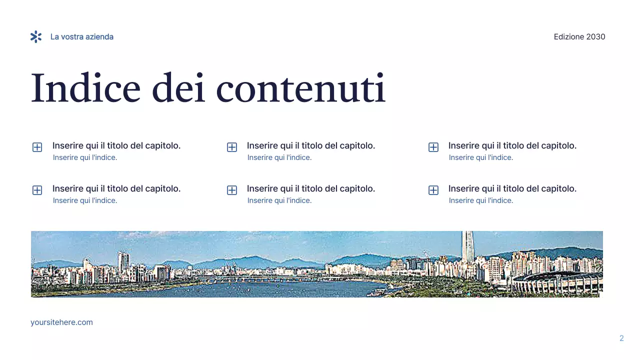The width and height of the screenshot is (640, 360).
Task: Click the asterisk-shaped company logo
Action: pyautogui.click(x=36, y=36)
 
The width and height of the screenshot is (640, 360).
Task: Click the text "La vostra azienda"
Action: pyautogui.click(x=82, y=37)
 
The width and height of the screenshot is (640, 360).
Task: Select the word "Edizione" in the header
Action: pyautogui.click(x=568, y=37)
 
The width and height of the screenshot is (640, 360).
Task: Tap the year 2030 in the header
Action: pyautogui.click(x=596, y=37)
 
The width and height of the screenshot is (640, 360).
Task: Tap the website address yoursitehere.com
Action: pyautogui.click(x=61, y=322)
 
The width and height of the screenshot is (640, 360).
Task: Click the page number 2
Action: pyautogui.click(x=621, y=338)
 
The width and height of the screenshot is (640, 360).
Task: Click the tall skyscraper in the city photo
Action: pyautogui.click(x=467, y=247)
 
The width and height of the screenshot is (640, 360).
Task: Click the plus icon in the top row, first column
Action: pyautogui.click(x=37, y=147)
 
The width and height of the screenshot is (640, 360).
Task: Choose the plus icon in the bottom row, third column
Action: pyautogui.click(x=433, y=190)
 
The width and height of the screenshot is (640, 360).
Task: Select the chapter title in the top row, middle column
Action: pyautogui.click(x=310, y=146)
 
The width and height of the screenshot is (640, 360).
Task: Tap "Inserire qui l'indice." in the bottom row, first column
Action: pyautogui.click(x=85, y=200)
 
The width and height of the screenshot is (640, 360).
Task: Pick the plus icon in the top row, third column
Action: pyautogui.click(x=433, y=147)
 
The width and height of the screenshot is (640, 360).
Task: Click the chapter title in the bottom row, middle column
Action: pyautogui.click(x=310, y=189)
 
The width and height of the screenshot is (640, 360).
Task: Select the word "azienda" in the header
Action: pyautogui.click(x=99, y=37)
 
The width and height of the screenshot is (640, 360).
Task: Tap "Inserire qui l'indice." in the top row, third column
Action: pyautogui.click(x=480, y=157)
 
